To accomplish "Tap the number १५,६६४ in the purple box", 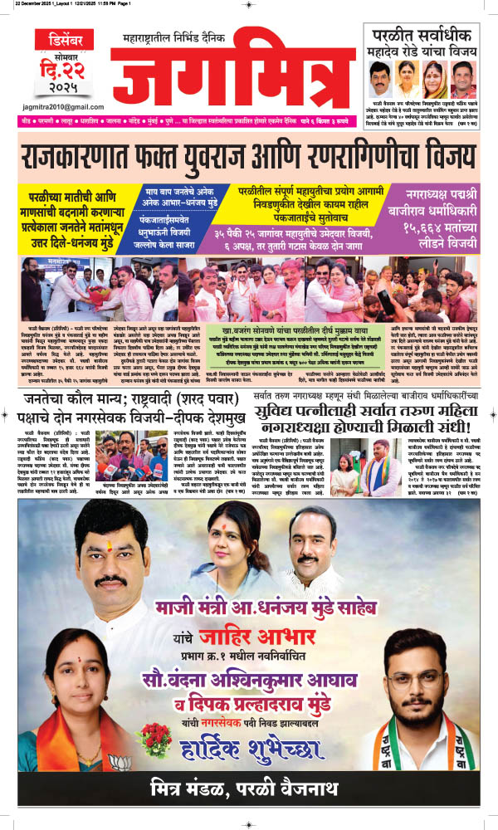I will coord(407,228).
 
